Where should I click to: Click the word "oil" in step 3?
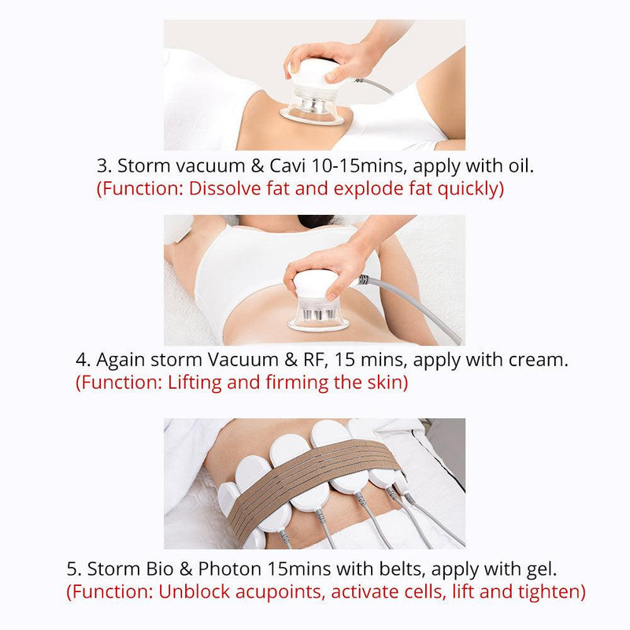point(519,165)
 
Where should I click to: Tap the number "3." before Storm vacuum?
point(104,166)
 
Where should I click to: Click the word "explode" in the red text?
point(368,189)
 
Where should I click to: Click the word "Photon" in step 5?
point(229,569)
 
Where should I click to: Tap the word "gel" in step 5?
point(541,569)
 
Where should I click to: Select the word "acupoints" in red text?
point(280,592)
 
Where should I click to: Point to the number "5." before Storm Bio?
point(74,569)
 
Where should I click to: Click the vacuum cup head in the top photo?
point(313,95)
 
